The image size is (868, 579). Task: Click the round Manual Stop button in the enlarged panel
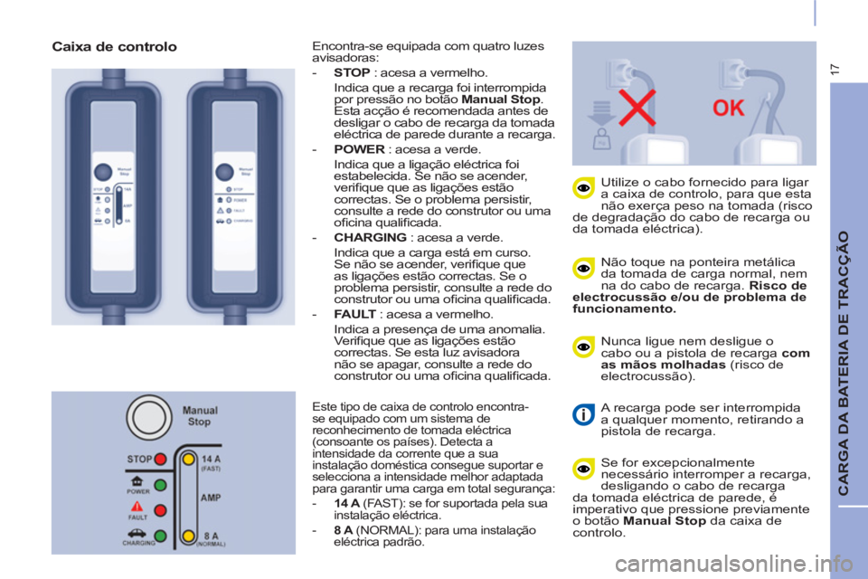(146, 417)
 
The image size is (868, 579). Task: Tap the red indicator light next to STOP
(160, 459)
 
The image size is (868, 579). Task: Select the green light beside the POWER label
(160, 485)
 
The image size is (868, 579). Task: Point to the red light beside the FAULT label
(160, 510)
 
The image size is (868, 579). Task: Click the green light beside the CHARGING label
(160, 536)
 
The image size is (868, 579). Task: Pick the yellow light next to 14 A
(189, 459)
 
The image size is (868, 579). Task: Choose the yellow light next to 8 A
(189, 536)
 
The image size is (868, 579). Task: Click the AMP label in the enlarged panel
(211, 498)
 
